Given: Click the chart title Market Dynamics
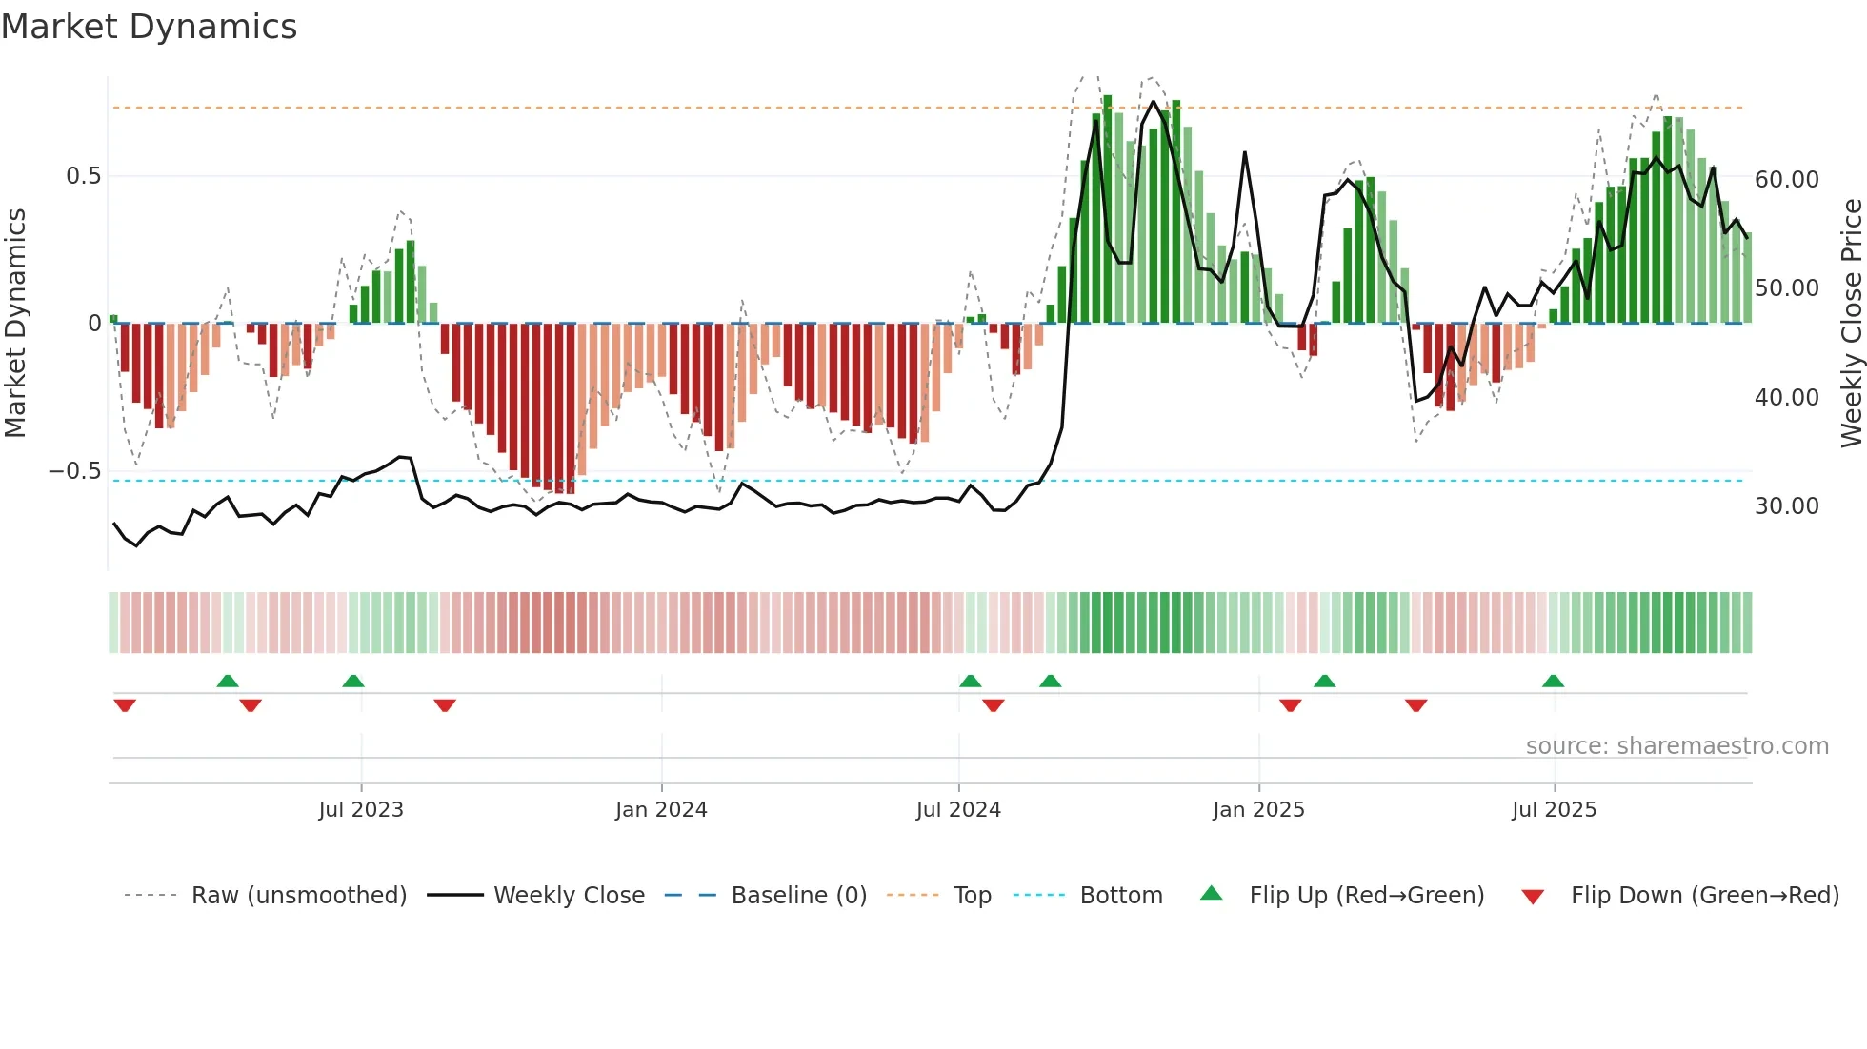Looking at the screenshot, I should pyautogui.click(x=150, y=27).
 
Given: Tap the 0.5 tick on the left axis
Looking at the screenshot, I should pyautogui.click(x=83, y=176).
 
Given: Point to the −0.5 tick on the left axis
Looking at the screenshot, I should pyautogui.click(x=74, y=471).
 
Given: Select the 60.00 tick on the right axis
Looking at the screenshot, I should pyautogui.click(x=1786, y=180).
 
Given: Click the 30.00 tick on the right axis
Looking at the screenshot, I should pyautogui.click(x=1786, y=506).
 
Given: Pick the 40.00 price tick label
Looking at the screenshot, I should pyautogui.click(x=1786, y=398).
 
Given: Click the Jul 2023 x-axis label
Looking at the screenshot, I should pyautogui.click(x=361, y=810).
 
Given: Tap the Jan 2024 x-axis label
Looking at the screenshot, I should pyautogui.click(x=661, y=810).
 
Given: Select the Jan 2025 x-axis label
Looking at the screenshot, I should pyautogui.click(x=1258, y=810).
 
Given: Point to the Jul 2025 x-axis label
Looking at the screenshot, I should pyautogui.click(x=1554, y=810).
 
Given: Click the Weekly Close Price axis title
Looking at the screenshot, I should pyautogui.click(x=1851, y=323).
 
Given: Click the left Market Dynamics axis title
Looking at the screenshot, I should pyautogui.click(x=16, y=323).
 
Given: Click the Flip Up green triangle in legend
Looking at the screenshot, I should pyautogui.click(x=1211, y=893).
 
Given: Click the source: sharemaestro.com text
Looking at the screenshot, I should pyautogui.click(x=1676, y=746).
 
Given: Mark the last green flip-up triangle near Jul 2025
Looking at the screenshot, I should pyautogui.click(x=1553, y=681).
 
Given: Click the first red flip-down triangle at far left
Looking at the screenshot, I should pyautogui.click(x=125, y=705).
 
